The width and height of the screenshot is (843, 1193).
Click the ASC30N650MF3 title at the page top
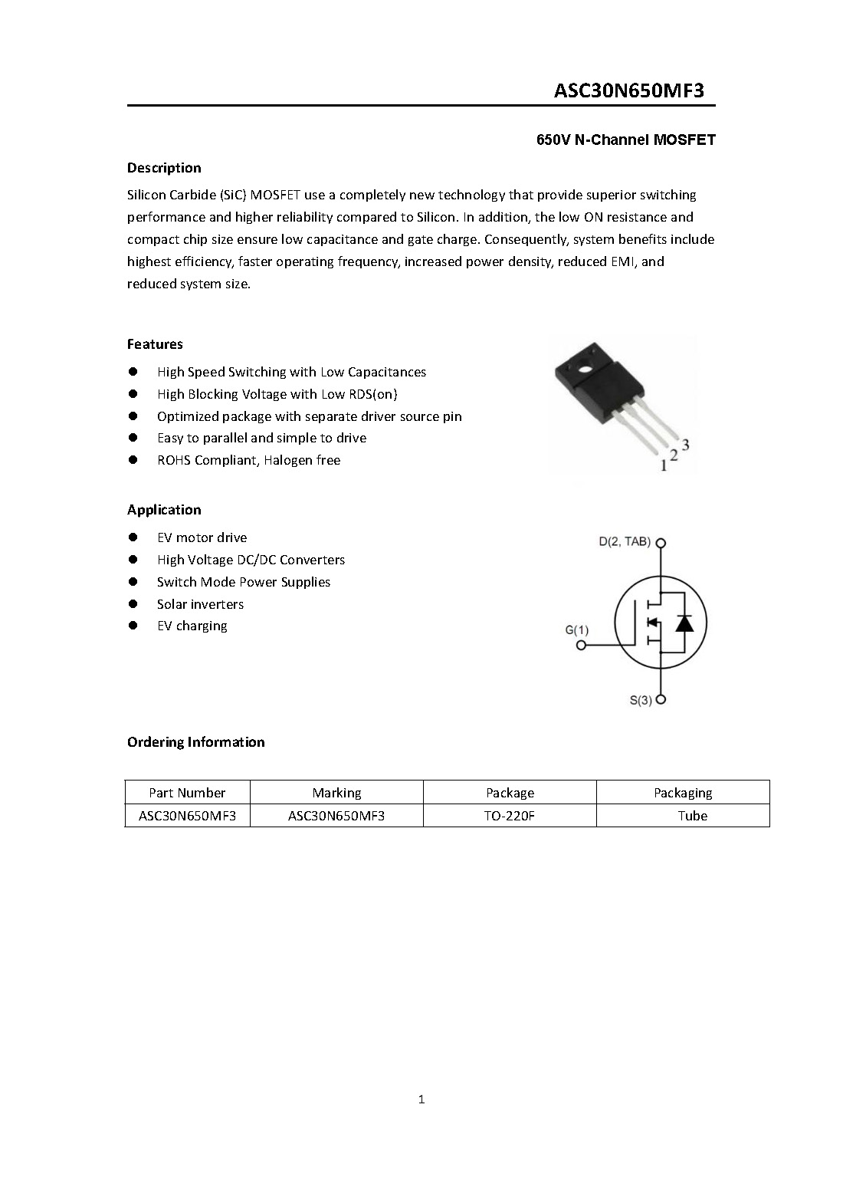pos(628,90)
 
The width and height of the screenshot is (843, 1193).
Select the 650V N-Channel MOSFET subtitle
pos(625,140)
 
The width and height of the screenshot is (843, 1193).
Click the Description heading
pos(164,168)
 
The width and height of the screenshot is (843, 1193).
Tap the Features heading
pos(155,344)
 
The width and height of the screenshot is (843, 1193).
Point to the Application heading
pos(164,510)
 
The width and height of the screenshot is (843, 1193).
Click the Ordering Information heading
pos(195,742)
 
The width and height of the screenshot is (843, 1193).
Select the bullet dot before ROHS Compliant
pos(133,460)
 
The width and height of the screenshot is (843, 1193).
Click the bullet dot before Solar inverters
pos(133,604)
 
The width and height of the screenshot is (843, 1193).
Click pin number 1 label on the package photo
pos(664,465)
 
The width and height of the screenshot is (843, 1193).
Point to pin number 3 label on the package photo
pos(685,445)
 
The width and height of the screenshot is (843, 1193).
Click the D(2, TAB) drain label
pos(624,542)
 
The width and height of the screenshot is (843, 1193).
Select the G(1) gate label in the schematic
pos(577,630)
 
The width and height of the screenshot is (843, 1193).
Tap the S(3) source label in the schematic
pos(641,700)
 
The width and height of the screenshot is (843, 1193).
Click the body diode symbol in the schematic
pos(684,623)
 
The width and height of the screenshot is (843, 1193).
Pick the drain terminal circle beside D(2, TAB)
pos(661,543)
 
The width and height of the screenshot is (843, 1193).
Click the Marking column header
pos(336,793)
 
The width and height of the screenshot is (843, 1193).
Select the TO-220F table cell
pos(509,816)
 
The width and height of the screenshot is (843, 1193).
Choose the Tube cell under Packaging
pos(692,816)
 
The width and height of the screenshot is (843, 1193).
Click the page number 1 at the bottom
pos(421,1100)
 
